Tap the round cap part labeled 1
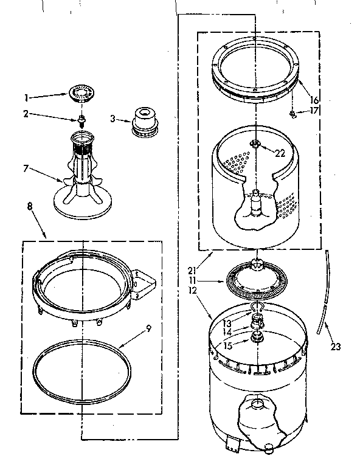click(81, 94)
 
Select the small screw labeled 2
click(81, 118)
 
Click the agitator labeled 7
click(81, 182)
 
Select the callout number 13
click(227, 323)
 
